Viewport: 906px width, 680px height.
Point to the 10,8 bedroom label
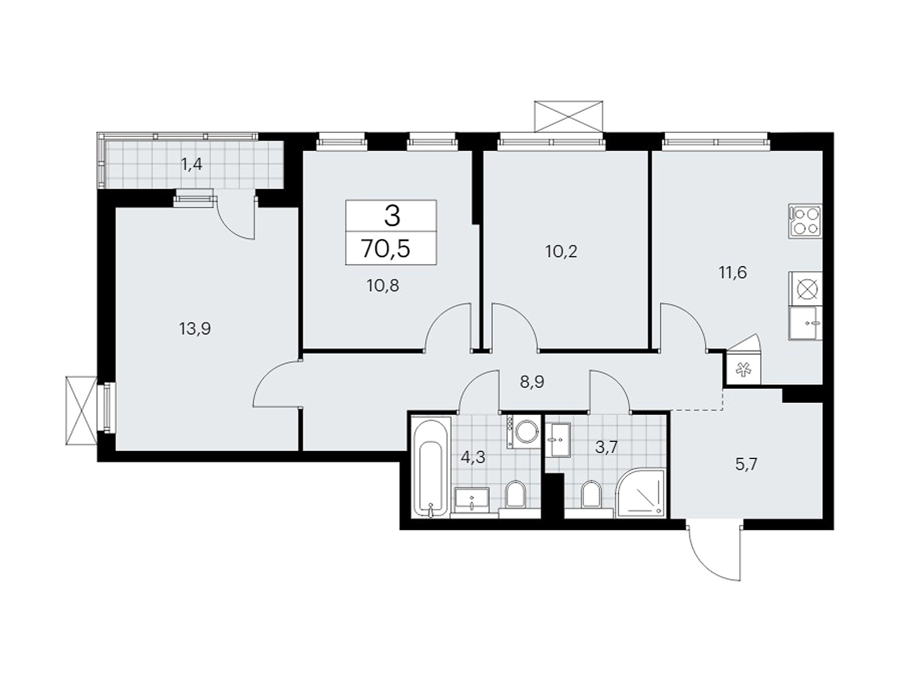[x=383, y=285]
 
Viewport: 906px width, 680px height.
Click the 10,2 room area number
[x=561, y=251]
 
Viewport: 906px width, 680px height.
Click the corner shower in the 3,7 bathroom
[x=641, y=493]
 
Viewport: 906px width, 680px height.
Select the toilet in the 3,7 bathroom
[x=590, y=497]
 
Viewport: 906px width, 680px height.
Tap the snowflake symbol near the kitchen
[x=742, y=370]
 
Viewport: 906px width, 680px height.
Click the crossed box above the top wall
[x=569, y=116]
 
